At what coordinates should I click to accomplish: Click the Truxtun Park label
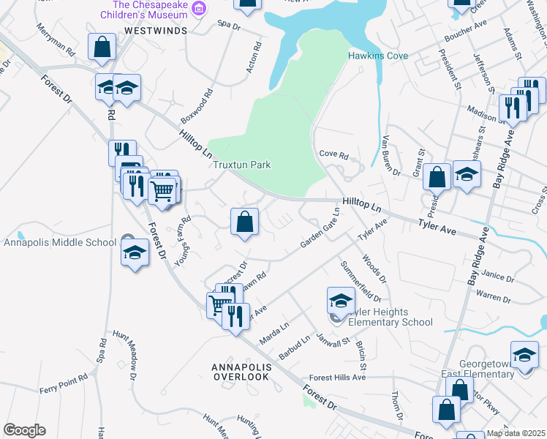click(x=241, y=165)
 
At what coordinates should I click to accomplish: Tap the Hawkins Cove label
click(x=378, y=56)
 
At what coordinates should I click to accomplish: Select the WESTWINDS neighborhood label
click(x=155, y=31)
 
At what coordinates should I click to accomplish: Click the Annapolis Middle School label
click(x=60, y=242)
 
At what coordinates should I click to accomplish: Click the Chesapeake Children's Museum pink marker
click(x=200, y=7)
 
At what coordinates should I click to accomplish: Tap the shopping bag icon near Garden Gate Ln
click(x=245, y=222)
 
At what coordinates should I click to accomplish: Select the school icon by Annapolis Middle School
click(x=134, y=253)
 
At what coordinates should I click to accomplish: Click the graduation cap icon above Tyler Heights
click(x=340, y=300)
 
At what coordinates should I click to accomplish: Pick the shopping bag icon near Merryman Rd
click(x=102, y=46)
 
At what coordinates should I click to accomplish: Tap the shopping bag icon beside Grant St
click(x=437, y=176)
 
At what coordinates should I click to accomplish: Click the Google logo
click(x=24, y=430)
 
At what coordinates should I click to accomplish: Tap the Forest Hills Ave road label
click(x=337, y=377)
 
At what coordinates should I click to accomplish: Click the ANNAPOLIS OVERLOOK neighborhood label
click(x=242, y=371)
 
